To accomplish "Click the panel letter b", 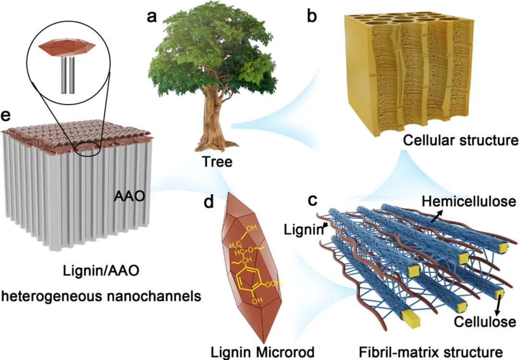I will (312, 17).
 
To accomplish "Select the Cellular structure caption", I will (460, 141).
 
